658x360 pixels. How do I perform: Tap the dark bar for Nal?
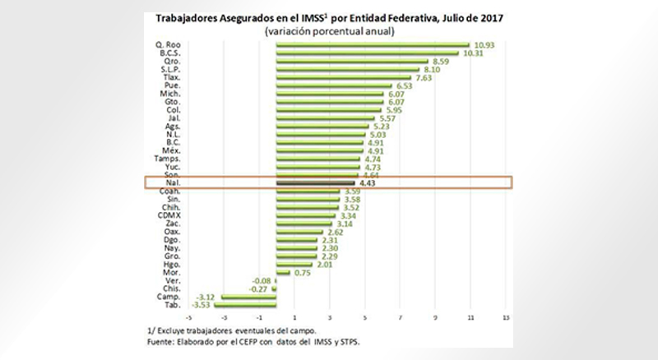point(316,182)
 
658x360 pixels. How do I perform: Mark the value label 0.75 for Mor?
point(302,272)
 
